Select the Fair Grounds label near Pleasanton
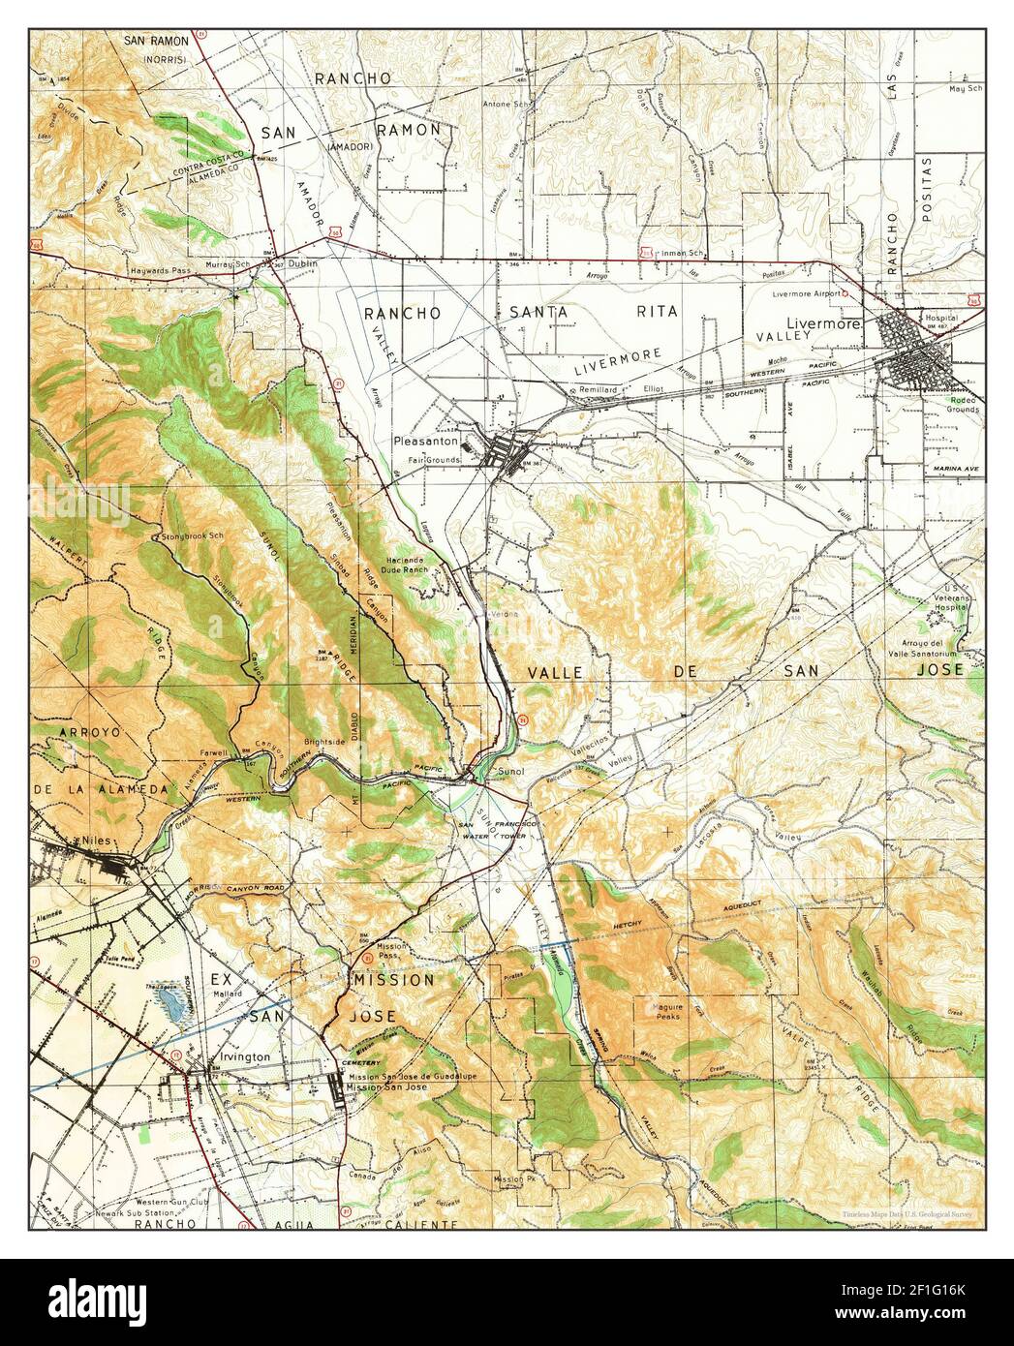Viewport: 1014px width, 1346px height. tap(432, 460)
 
